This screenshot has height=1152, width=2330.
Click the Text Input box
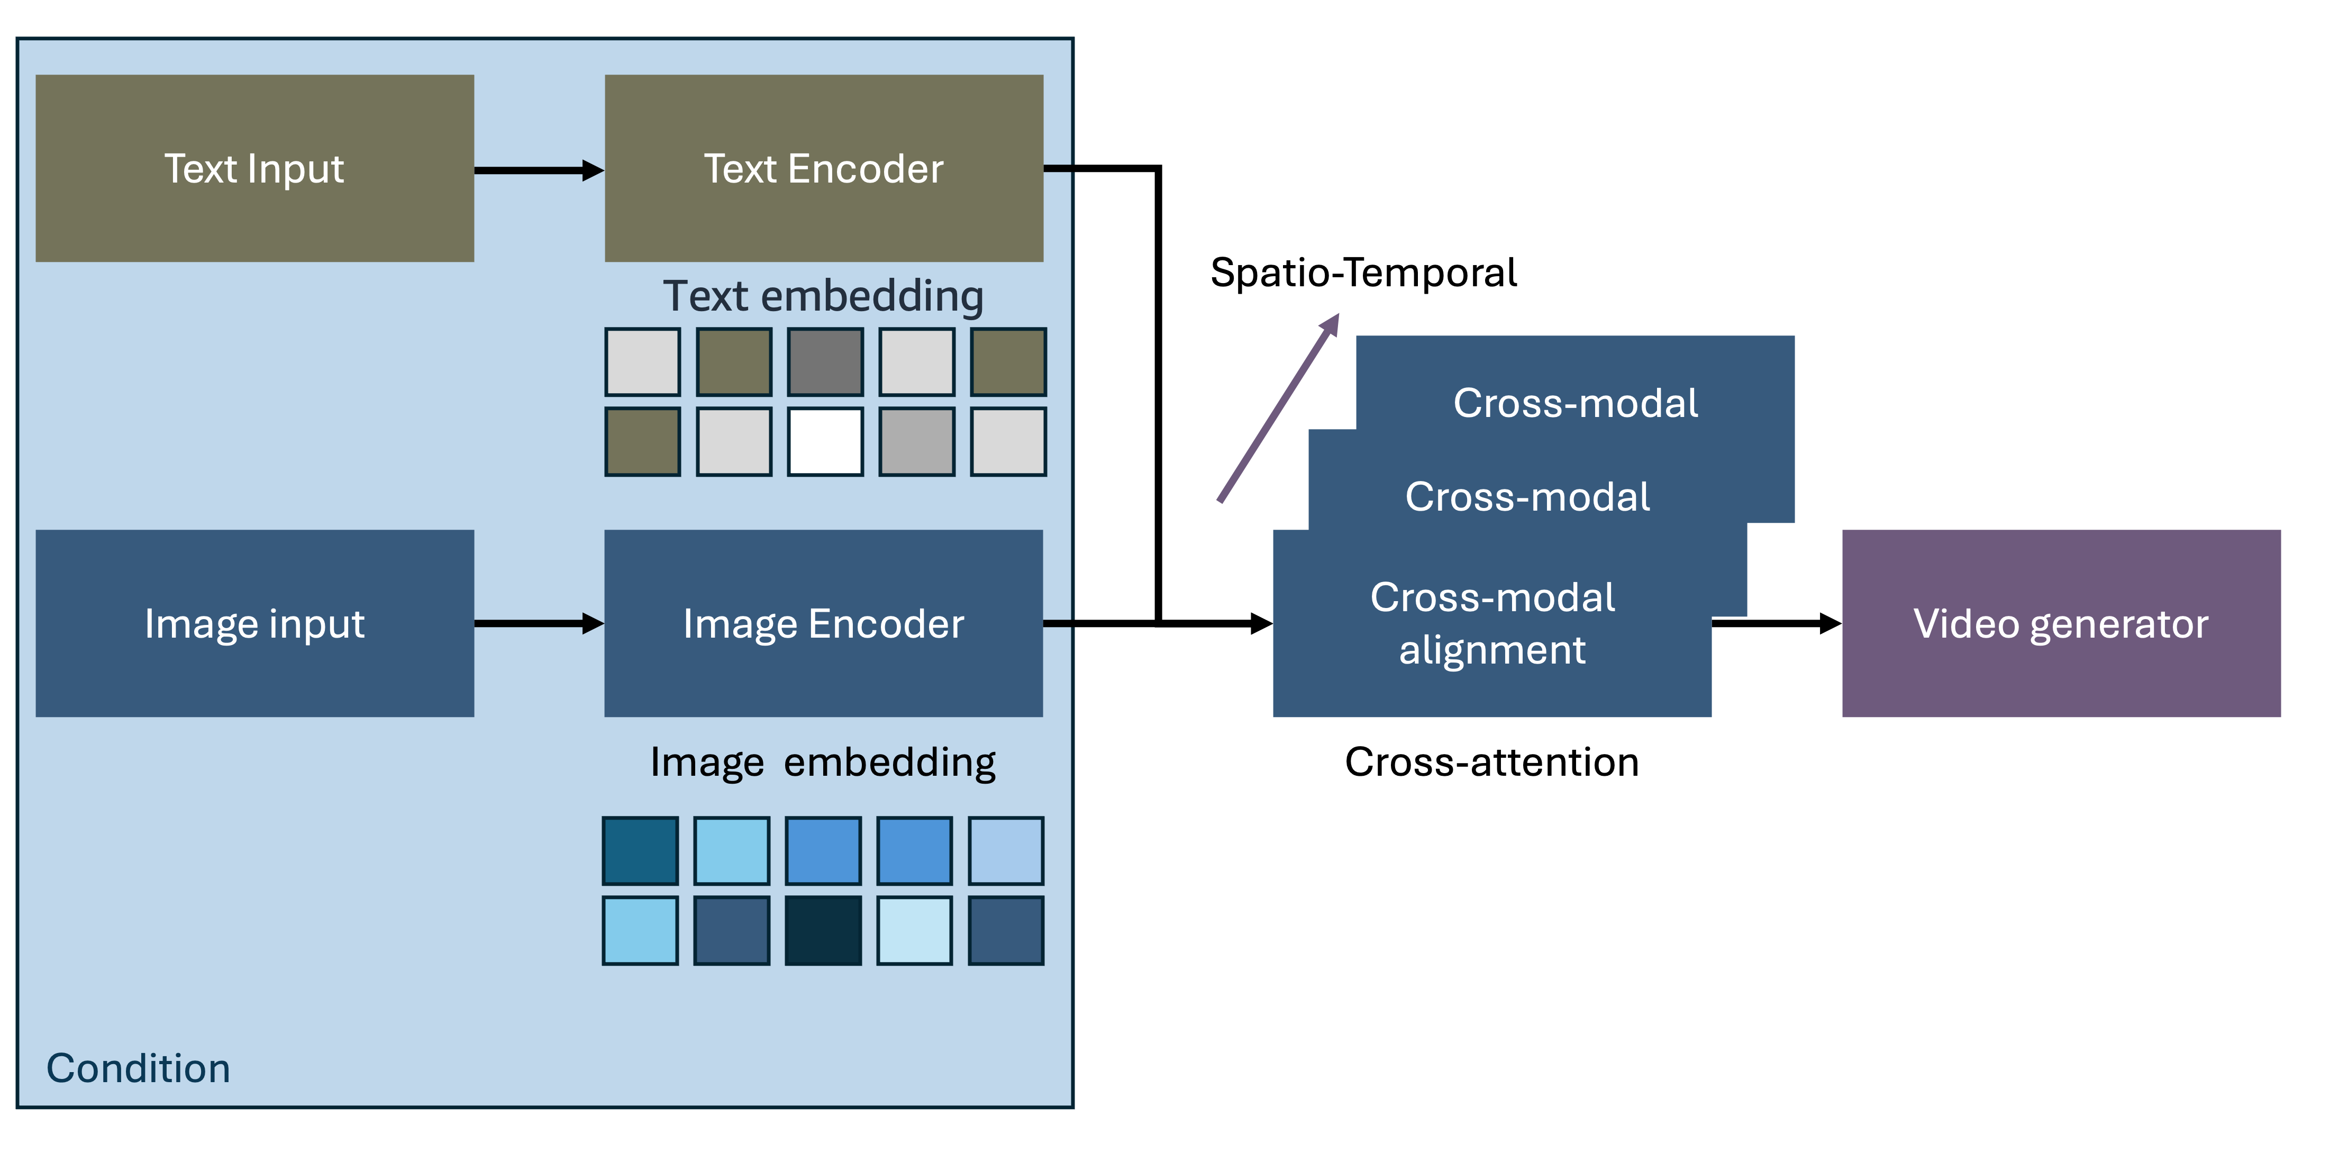(254, 168)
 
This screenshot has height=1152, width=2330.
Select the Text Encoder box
(823, 168)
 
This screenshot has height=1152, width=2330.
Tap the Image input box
(254, 623)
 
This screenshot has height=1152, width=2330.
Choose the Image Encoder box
(823, 623)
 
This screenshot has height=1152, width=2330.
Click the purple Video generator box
(2061, 623)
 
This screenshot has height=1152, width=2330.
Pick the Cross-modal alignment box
(1491, 623)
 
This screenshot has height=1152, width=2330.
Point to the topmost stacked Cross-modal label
(1574, 403)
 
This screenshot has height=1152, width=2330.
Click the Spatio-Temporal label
(1363, 273)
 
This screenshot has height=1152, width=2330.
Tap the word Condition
(139, 1068)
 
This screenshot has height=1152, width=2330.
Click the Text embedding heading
(823, 296)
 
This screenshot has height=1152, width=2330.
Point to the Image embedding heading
(823, 762)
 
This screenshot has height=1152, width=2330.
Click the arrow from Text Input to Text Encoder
(538, 170)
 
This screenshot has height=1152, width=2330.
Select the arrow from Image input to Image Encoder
(538, 623)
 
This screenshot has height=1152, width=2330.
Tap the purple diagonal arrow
(1277, 409)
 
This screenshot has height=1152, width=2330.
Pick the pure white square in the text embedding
(825, 442)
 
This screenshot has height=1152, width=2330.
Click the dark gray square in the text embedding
(825, 362)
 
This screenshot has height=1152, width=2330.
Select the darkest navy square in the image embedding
(823, 930)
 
